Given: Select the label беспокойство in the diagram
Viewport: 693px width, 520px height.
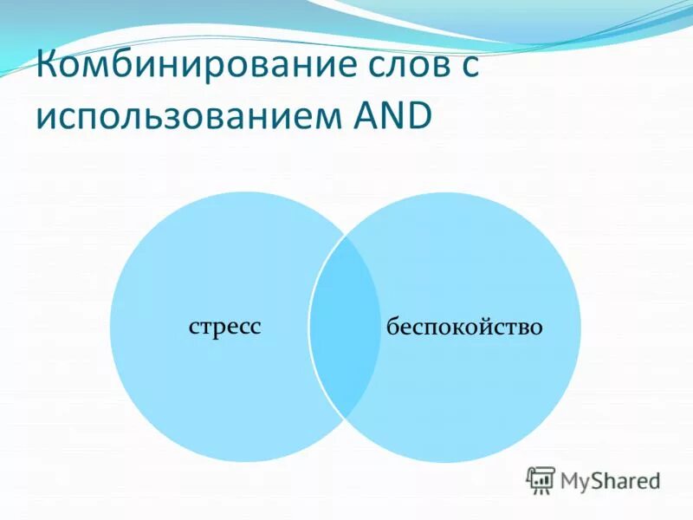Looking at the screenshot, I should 464,327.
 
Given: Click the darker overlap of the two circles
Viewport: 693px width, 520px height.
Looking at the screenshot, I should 346,327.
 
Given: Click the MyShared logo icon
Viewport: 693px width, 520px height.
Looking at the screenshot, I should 541,479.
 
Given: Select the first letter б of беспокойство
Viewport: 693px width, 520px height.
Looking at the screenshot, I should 392,327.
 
